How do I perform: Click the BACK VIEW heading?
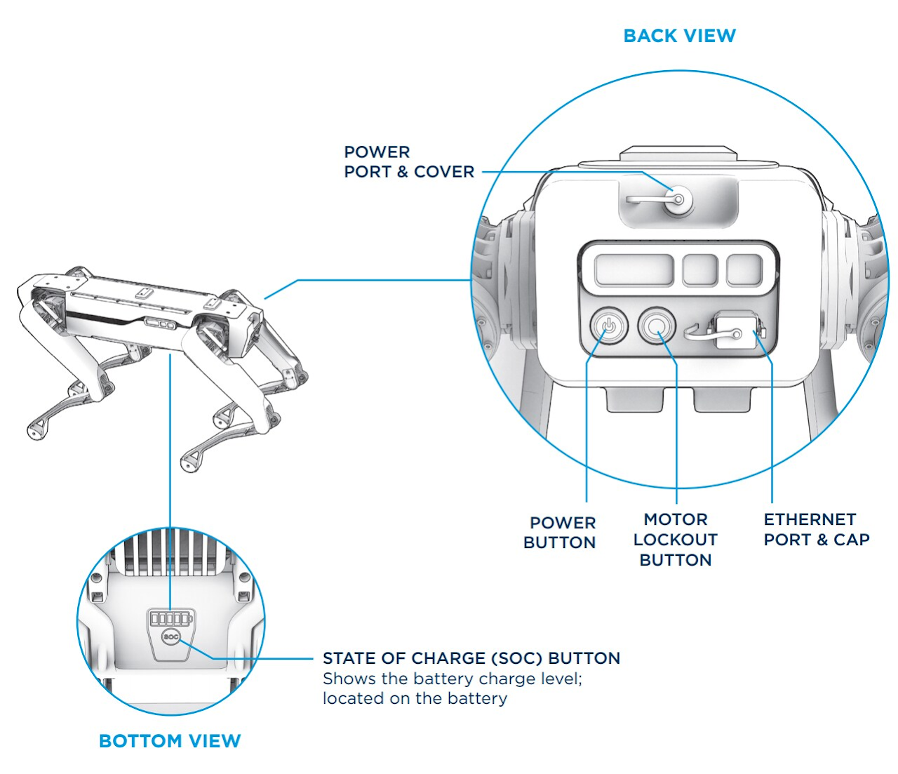click(x=679, y=36)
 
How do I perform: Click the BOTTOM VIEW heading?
click(x=170, y=741)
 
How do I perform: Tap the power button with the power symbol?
click(x=609, y=326)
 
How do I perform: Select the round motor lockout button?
click(x=657, y=326)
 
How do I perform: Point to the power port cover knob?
click(x=678, y=199)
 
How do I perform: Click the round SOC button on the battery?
click(x=171, y=636)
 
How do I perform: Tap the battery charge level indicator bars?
click(x=170, y=618)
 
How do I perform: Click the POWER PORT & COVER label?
click(x=409, y=162)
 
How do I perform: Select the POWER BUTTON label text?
click(x=560, y=533)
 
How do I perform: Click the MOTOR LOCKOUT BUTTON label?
click(x=676, y=540)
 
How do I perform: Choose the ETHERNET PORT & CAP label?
click(x=817, y=530)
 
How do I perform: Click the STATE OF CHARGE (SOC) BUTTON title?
click(x=471, y=658)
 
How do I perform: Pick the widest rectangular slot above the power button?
click(x=634, y=270)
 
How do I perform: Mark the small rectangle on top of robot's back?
click(x=145, y=293)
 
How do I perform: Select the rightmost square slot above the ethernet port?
click(x=744, y=270)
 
